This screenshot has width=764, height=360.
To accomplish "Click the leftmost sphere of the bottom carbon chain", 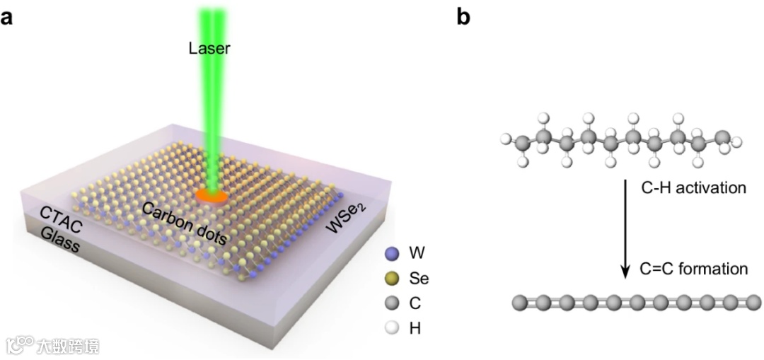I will tap(520, 303).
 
